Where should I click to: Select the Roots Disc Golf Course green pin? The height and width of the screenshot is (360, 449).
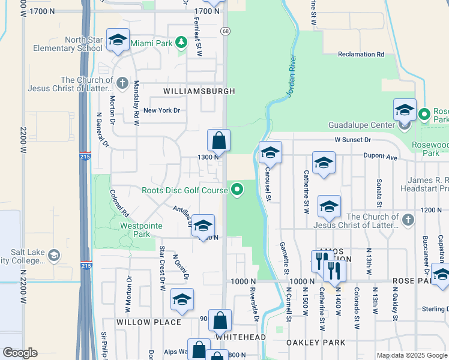click(x=237, y=190)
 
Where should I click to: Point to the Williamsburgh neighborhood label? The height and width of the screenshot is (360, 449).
click(x=199, y=91)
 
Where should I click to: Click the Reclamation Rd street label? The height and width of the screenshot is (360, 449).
click(x=360, y=54)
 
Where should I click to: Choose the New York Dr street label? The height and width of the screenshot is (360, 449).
click(x=161, y=110)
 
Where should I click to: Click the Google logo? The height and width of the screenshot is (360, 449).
click(x=20, y=353)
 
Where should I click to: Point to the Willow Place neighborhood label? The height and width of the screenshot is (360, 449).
click(x=149, y=322)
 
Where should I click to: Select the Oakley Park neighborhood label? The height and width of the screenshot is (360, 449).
click(x=316, y=343)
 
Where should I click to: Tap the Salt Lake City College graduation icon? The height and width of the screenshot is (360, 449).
click(x=53, y=256)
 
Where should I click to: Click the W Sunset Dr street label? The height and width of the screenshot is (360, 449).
click(x=353, y=139)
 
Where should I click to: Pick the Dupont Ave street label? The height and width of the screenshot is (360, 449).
click(x=381, y=157)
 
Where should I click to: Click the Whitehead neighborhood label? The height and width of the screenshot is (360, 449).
click(x=241, y=337)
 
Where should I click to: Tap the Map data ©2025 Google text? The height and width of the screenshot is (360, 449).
click(x=411, y=355)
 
